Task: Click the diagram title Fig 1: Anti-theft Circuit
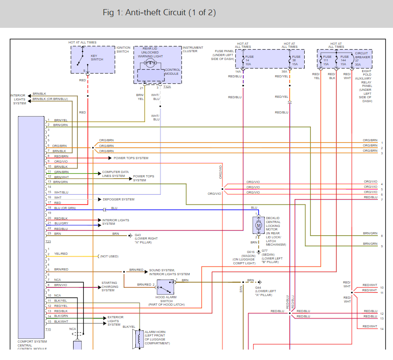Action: pos(159,13)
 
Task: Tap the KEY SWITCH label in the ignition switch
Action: pos(97,57)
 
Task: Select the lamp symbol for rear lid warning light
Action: pos(150,63)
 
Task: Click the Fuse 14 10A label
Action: pos(249,60)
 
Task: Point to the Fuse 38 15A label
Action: pos(296,60)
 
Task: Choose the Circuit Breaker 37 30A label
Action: pos(363,59)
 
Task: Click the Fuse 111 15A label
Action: pos(327,60)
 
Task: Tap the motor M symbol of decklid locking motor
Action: pos(259,225)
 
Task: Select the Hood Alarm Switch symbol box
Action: pos(165,287)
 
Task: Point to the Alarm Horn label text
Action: pos(157,337)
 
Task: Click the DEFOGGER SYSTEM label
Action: pos(118,199)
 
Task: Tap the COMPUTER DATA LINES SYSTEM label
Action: pos(115,174)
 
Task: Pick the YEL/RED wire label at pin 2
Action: pos(61,253)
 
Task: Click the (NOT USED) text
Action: pos(109,257)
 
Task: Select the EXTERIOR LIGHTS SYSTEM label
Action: pos(115,321)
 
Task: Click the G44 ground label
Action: pos(265,291)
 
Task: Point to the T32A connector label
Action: pos(167,87)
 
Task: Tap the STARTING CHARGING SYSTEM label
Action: pos(110,287)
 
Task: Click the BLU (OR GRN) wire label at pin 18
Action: pos(65,208)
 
